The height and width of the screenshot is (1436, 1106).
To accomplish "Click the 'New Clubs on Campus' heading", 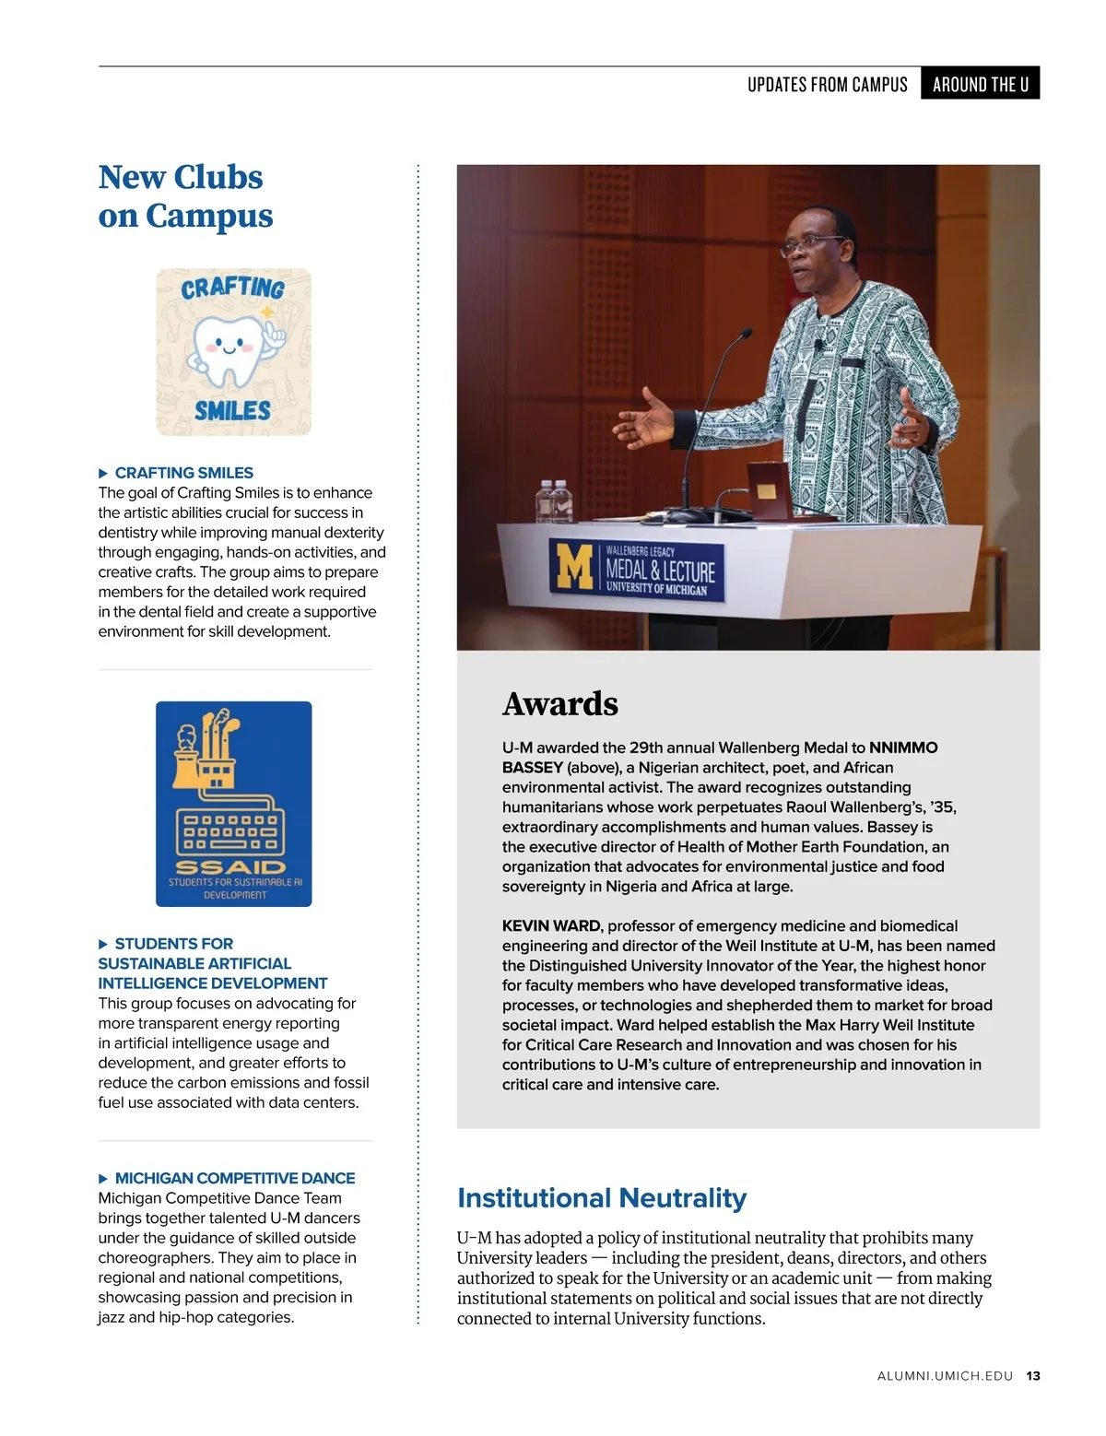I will (184, 196).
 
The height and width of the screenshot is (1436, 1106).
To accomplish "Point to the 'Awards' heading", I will (560, 704).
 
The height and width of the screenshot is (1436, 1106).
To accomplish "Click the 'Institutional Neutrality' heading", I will (602, 1198).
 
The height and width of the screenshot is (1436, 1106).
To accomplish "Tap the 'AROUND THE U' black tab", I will (980, 84).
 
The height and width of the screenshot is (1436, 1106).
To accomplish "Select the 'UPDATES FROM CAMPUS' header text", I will (827, 84).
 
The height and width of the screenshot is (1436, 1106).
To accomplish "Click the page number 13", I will (1033, 1376).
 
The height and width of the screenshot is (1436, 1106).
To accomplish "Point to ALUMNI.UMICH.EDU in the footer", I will (945, 1376).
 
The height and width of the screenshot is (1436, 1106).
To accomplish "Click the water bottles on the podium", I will (554, 502).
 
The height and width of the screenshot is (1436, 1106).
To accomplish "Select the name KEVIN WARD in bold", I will (550, 925).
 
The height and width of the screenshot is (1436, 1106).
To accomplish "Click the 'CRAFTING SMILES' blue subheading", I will (183, 473).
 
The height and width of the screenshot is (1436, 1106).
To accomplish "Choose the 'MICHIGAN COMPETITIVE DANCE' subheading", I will (234, 1178).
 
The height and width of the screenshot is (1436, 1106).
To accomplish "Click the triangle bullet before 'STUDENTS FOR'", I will (103, 944).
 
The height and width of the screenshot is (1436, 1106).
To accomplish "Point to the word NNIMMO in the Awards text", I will (903, 747).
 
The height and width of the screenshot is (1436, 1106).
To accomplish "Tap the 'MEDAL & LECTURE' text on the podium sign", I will (660, 571).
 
